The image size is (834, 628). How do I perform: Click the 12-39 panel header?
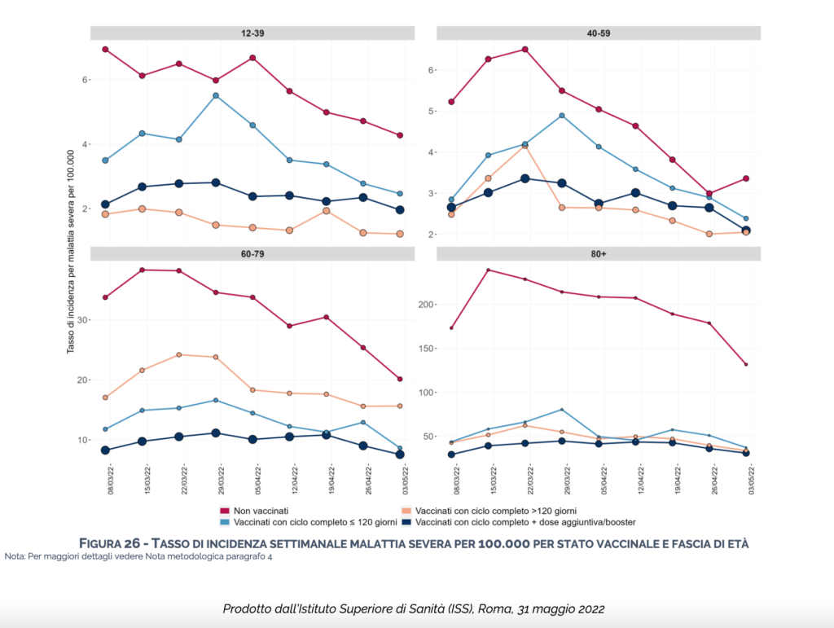pyautogui.click(x=251, y=33)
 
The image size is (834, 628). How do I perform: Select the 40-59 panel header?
pyautogui.click(x=599, y=33)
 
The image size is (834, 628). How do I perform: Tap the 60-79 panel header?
pyautogui.click(x=251, y=253)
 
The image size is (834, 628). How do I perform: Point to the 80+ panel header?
pyautogui.click(x=599, y=253)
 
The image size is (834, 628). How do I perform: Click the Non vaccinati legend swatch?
pyautogui.click(x=226, y=511)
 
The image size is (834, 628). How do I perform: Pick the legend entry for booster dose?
pyautogui.click(x=525, y=521)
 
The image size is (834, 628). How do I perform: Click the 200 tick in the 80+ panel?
pyautogui.click(x=428, y=305)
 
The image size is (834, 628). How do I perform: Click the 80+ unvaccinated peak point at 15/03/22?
pyautogui.click(x=488, y=270)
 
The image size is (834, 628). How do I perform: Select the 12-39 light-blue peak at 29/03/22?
pyautogui.click(x=216, y=95)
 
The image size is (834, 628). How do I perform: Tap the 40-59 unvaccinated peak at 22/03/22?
pyautogui.click(x=525, y=49)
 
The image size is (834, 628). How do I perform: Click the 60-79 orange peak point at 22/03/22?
pyautogui.click(x=178, y=354)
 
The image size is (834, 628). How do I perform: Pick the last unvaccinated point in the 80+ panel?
pyautogui.click(x=745, y=364)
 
